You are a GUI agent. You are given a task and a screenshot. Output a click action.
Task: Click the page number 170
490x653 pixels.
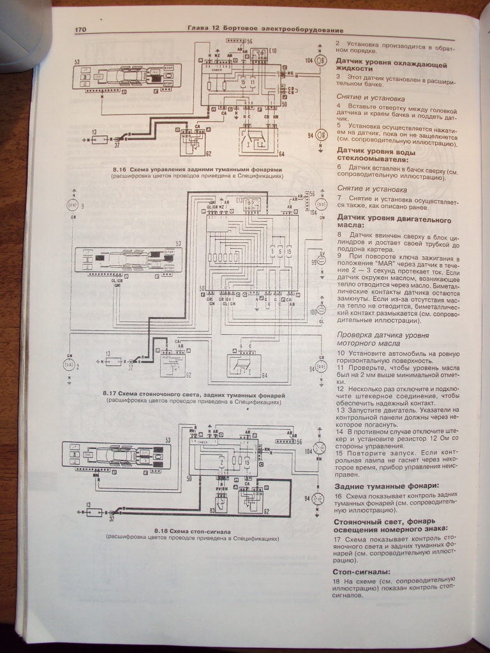point(80,29)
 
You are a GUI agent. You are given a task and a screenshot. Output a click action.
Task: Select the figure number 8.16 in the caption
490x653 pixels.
point(119,170)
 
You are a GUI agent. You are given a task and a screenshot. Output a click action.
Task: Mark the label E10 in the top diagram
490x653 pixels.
point(273,50)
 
